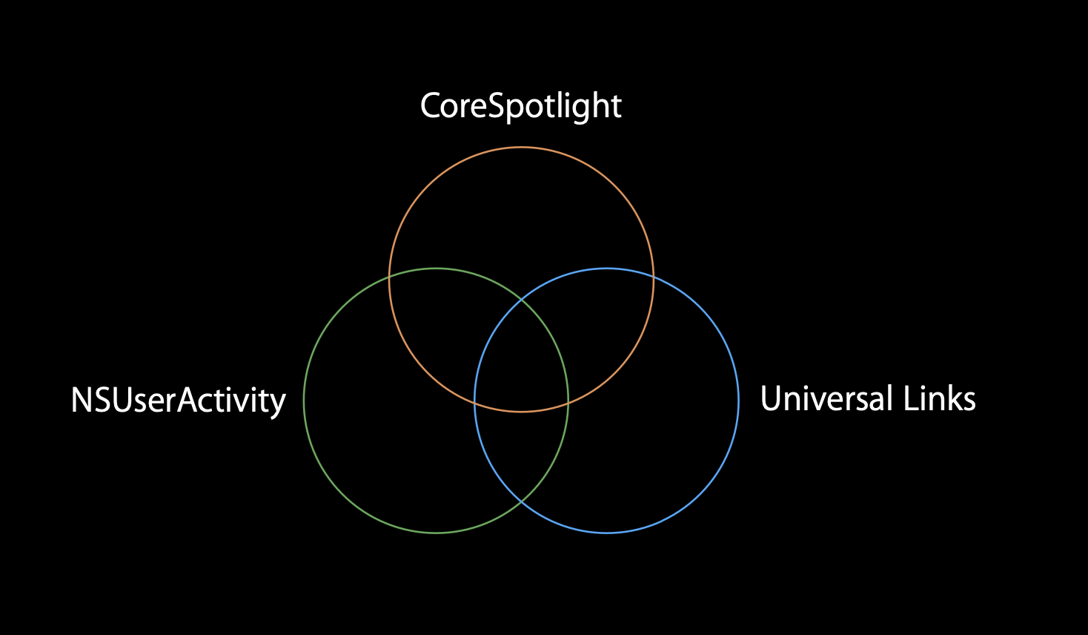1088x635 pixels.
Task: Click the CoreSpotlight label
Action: click(x=520, y=106)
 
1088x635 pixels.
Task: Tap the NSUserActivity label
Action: click(x=178, y=401)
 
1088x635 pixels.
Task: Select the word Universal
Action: click(x=826, y=399)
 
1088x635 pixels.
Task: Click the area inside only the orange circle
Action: click(x=521, y=215)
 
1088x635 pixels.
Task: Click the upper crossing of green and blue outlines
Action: click(x=521, y=300)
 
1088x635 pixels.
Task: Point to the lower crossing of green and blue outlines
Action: click(x=521, y=501)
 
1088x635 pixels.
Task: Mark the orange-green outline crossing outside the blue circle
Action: click(x=390, y=276)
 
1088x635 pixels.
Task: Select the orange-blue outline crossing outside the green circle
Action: click(x=653, y=276)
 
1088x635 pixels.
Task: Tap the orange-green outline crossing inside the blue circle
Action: click(x=568, y=403)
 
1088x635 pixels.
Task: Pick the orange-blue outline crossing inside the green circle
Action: click(x=475, y=403)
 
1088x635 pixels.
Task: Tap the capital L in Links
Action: click(x=912, y=399)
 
